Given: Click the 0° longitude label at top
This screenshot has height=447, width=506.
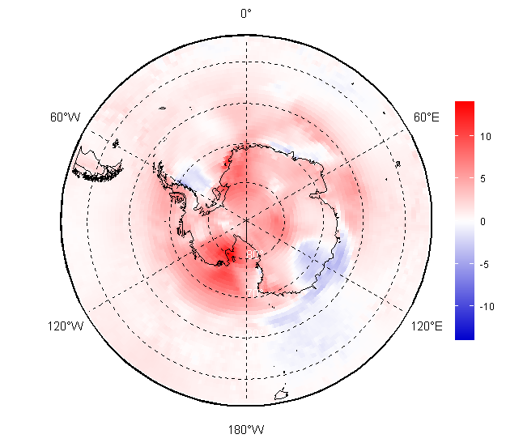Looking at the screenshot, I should coord(246,13).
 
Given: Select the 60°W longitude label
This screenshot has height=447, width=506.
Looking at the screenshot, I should coord(65,117).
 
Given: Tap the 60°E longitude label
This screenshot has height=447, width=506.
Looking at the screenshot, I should coord(427,117).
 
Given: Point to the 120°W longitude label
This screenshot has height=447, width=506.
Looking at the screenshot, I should coord(66,326).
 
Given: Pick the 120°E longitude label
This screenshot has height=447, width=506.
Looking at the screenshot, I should coord(427,326).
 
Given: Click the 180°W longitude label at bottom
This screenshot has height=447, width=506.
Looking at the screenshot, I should coord(246,429).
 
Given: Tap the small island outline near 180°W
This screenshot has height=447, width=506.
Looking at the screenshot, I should coord(282,395).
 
